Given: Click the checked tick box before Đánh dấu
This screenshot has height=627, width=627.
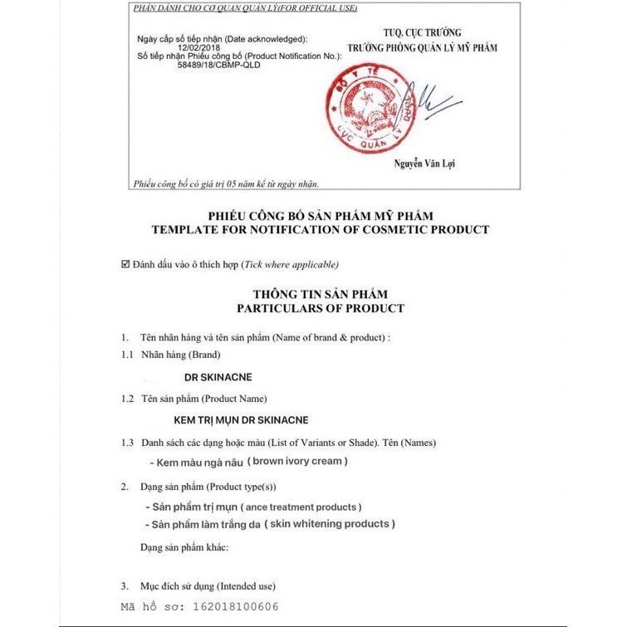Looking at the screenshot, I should (125, 264).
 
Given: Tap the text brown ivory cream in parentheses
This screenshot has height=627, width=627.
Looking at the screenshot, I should (301, 461).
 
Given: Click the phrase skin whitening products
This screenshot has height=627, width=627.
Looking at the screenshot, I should (330, 524).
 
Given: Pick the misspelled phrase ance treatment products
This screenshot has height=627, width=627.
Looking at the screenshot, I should (301, 506).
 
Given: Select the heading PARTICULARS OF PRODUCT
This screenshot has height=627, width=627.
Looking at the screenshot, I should (320, 308).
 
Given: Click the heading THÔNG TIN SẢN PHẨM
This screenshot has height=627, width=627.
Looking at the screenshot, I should (320, 294).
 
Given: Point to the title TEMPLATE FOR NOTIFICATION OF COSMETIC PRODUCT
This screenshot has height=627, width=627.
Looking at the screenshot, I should (320, 229).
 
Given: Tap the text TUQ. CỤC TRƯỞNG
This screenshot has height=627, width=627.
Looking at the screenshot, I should (424, 32).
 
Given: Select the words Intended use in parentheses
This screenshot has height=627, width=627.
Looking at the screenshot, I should (248, 586).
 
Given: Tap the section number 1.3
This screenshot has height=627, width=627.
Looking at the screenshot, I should (127, 443).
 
